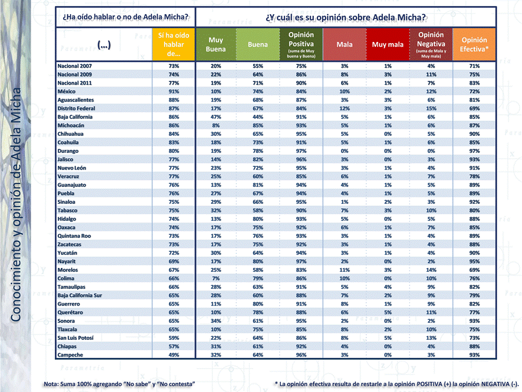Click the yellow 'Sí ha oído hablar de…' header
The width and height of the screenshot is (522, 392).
174,44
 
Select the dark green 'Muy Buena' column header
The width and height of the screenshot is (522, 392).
216,44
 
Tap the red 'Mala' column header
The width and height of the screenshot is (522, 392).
344,44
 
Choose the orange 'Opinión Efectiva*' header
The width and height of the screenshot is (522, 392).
474,44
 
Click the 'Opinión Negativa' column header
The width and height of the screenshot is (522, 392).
431,44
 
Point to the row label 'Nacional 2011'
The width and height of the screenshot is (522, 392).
75,83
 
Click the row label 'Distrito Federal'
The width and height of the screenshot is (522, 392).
78,108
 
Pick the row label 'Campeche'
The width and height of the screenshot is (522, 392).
71,355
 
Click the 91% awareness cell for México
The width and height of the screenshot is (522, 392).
174,91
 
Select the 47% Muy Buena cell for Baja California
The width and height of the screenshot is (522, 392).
216,117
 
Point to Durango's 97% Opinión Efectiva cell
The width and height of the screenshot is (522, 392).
474,151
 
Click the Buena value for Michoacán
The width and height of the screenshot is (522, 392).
258,125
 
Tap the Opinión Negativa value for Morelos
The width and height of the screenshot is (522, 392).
431,270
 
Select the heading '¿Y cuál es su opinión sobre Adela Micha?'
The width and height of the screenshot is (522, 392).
345,17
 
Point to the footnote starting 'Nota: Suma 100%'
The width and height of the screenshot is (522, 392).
120,384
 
